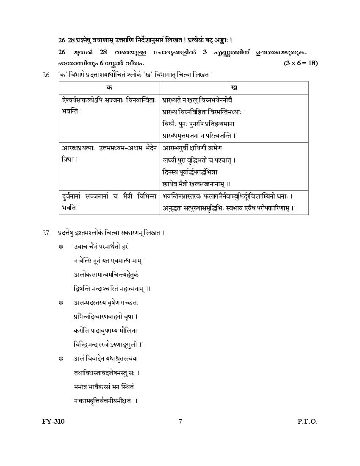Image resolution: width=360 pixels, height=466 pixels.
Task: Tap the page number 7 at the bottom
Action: point(180,421)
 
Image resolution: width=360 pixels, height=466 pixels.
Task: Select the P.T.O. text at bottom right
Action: point(307,421)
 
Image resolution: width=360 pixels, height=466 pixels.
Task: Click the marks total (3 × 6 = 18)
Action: point(301,63)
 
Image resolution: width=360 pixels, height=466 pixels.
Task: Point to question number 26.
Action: point(47,75)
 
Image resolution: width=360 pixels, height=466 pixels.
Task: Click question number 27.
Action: point(47,233)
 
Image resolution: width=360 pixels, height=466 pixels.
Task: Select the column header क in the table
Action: point(109,87)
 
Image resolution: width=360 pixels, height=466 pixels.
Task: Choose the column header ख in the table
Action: point(234,87)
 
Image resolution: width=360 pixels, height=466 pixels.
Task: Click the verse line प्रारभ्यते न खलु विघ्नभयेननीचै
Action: point(197,100)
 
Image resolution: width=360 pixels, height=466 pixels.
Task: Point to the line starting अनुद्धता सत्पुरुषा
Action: point(229,208)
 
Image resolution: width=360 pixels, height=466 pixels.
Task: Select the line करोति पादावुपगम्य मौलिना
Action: point(105,330)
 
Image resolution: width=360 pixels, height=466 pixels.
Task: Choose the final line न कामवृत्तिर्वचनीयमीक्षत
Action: point(105,400)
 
